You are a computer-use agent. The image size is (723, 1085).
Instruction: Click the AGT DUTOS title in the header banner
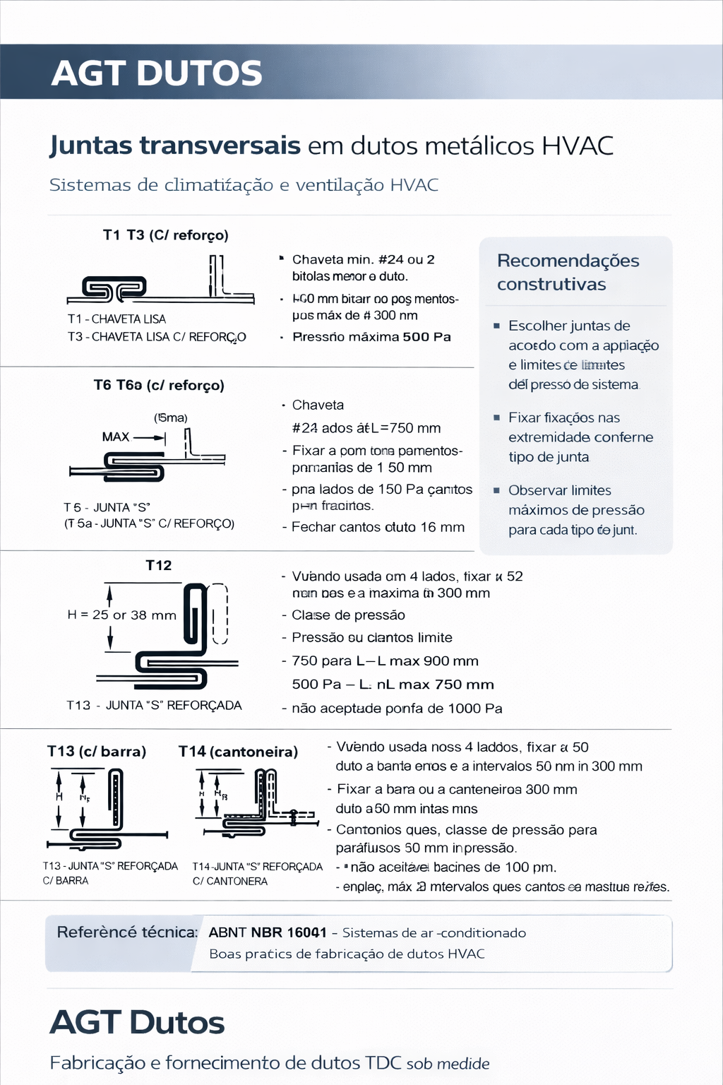[x=157, y=73]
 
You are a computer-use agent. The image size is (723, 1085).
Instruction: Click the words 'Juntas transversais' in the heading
[x=175, y=146]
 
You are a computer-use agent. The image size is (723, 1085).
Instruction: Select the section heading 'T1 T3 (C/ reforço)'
[x=166, y=235]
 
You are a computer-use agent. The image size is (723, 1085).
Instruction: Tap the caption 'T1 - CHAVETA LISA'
[x=117, y=319]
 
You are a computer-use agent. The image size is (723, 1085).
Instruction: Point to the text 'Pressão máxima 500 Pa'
[x=371, y=337]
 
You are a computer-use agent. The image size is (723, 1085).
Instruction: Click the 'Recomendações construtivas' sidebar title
[x=568, y=273]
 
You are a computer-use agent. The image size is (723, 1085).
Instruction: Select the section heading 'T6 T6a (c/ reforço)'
[x=159, y=386]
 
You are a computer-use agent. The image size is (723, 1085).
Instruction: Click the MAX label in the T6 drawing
[x=116, y=437]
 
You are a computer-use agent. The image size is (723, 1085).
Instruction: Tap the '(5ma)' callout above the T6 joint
[x=171, y=418]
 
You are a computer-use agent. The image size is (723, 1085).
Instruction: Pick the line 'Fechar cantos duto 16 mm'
[x=378, y=528]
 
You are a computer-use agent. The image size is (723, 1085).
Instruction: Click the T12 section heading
[x=159, y=566]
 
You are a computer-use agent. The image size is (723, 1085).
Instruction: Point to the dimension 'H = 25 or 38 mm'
[x=121, y=615]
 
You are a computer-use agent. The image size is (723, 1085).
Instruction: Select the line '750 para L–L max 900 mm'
[x=385, y=661]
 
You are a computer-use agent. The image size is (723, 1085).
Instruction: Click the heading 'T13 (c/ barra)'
[x=97, y=752]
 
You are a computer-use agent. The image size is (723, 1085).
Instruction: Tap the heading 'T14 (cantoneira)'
[x=238, y=752]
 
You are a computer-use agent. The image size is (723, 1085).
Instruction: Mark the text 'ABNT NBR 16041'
[x=268, y=933]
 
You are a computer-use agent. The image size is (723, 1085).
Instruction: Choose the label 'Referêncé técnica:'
[x=127, y=932]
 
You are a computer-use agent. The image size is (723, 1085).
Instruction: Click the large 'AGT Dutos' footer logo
[x=137, y=1023]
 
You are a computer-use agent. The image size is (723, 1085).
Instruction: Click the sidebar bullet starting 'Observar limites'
[x=576, y=510]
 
